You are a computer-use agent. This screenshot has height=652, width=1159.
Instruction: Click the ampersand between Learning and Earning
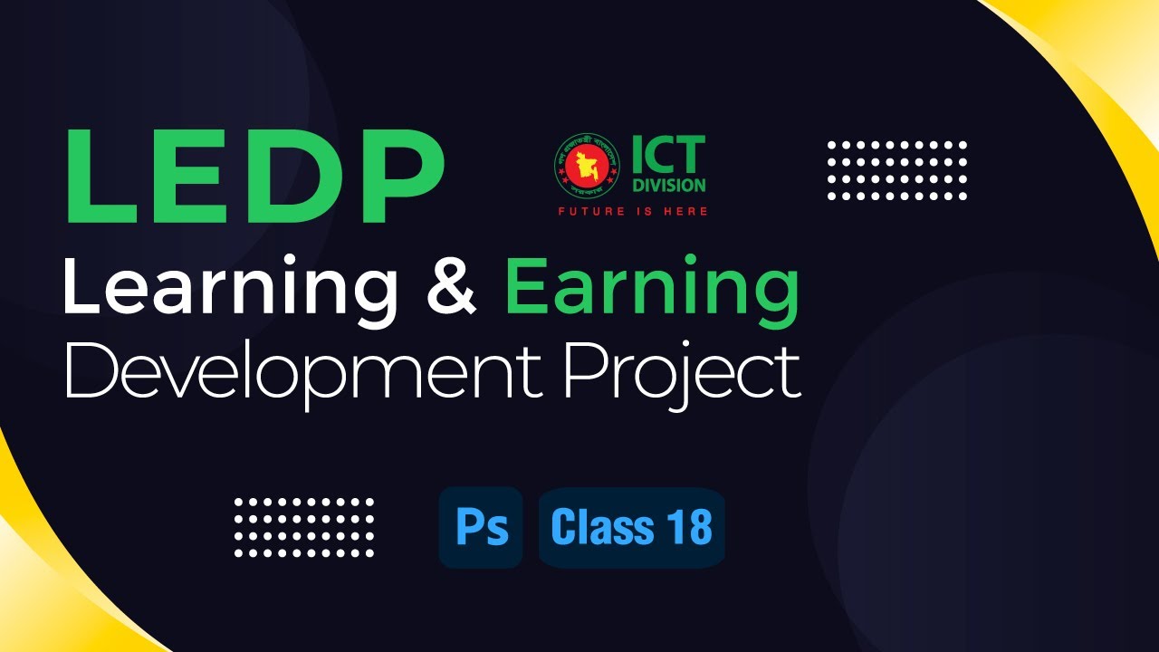coord(450,288)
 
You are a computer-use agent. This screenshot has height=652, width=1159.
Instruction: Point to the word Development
coord(303,373)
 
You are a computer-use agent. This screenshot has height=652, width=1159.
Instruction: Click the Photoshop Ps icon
coord(481,528)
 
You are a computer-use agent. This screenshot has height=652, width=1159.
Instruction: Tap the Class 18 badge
coord(631,528)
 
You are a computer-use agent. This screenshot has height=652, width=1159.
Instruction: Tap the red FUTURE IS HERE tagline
coord(632,212)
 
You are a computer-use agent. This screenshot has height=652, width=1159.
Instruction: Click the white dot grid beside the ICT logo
coord(897,170)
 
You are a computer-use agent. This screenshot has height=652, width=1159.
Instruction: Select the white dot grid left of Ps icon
coord(303,527)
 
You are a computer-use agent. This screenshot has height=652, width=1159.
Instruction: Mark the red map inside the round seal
coord(584,165)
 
